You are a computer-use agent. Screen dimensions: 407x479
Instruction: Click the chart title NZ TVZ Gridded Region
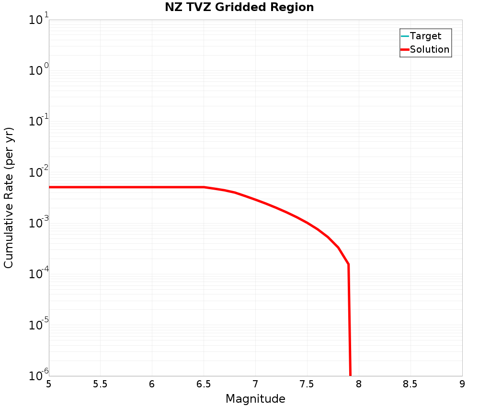[239, 7]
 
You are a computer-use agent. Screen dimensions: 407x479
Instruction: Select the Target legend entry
[425, 36]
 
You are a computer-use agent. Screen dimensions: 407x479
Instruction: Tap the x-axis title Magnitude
[255, 399]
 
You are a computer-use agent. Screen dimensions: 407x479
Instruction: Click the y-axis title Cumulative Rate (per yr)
[9, 198]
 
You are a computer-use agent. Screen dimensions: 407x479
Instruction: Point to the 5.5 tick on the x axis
[100, 384]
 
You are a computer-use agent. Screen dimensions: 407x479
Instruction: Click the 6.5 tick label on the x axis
[204, 384]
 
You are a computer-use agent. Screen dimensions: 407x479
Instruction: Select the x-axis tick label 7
[255, 384]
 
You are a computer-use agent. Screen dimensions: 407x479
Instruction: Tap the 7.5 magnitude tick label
[307, 384]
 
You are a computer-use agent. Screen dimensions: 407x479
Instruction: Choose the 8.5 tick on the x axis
[410, 384]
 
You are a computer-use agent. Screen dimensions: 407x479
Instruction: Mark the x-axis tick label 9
[462, 384]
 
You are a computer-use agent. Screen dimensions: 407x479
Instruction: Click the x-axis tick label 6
[152, 384]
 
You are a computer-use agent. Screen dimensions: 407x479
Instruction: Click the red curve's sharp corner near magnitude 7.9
[348, 264]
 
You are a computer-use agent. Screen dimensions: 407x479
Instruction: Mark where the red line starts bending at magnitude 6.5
[204, 187]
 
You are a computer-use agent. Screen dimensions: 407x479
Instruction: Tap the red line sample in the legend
[405, 49]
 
